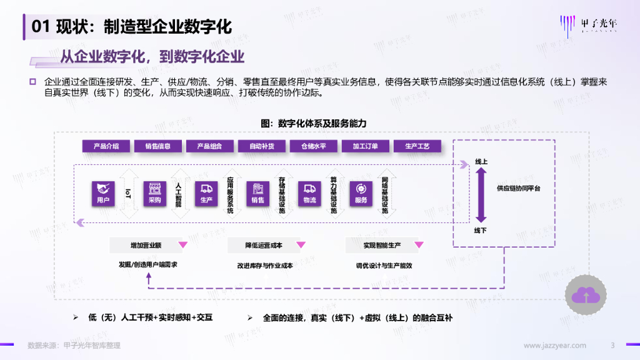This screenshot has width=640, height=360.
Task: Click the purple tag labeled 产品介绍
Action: [106, 146]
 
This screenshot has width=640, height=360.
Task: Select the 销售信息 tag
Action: [158, 146]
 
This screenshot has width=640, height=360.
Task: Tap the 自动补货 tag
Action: [262, 146]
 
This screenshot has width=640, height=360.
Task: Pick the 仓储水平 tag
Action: [314, 146]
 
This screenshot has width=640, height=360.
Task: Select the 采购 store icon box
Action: [154, 193]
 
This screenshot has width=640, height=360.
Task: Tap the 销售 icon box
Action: [258, 193]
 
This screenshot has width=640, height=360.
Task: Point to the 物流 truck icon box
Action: [309, 193]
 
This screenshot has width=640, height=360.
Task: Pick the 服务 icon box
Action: [361, 193]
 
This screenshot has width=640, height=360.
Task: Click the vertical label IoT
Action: [128, 192]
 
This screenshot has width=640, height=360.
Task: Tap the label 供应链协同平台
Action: [519, 187]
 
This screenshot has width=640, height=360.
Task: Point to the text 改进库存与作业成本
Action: [265, 266]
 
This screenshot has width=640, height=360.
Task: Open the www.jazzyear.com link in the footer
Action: [555, 346]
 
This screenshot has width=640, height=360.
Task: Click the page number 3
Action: [613, 346]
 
